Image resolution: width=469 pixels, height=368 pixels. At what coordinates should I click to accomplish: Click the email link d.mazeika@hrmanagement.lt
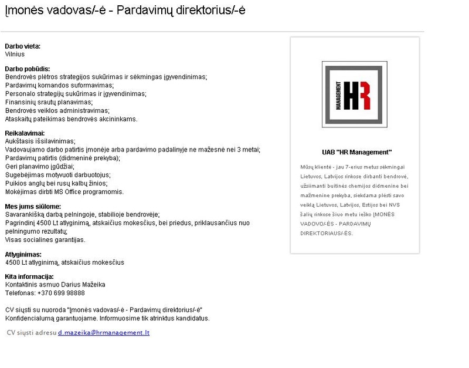pos(104,333)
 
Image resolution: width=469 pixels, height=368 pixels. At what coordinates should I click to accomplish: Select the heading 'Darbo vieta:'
pos(23,46)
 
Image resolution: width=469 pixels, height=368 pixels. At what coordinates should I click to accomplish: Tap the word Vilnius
pos(15,54)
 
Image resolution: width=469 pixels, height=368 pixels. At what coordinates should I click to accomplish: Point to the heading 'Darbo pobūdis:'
pos(27,69)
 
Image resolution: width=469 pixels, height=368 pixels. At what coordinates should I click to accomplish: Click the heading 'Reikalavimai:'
pos(25,133)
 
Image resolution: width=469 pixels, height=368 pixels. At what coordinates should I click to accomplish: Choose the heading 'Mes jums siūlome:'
pos(33,207)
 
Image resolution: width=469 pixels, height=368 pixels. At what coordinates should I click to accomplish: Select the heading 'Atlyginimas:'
pos(23,255)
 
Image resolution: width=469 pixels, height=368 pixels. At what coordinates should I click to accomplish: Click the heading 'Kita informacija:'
pos(29,276)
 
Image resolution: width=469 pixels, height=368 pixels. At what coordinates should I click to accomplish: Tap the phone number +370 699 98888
pos(61,293)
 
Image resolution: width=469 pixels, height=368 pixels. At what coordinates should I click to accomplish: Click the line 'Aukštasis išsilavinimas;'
pos(40,141)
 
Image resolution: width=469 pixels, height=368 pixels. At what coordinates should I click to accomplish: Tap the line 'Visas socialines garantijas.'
pos(45,239)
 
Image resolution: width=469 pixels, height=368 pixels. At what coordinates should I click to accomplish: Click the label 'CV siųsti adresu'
pos(31,333)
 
